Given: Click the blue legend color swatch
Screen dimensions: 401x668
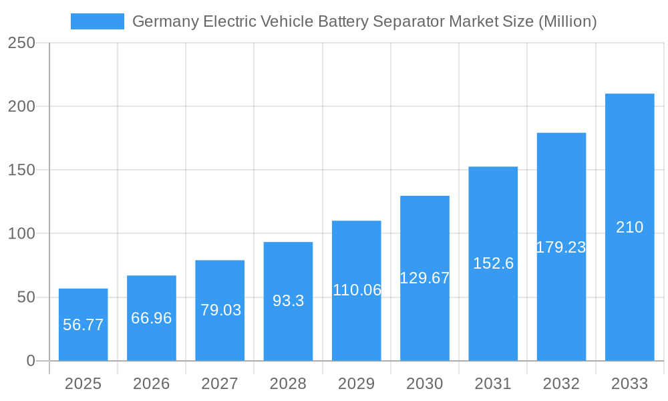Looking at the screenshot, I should coord(98,21).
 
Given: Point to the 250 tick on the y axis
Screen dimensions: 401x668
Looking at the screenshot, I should coord(21,43).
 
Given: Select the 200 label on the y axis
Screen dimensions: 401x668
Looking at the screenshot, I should coord(21,106).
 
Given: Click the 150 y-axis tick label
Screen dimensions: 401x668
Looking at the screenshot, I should coord(21,170).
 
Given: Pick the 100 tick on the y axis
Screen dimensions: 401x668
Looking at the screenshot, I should coord(21,233).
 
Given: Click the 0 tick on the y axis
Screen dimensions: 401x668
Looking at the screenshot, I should coord(31,361).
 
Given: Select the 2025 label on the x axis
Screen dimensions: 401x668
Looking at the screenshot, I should coord(83,384).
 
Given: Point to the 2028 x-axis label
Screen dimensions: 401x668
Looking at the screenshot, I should coord(288,384).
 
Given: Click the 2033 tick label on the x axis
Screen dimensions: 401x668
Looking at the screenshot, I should coord(630,384).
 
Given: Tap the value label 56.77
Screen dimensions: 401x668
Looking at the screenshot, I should coord(83,325).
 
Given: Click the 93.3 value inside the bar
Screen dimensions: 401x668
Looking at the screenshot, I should coord(288,301).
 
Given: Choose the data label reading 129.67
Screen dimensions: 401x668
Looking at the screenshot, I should coord(425,278).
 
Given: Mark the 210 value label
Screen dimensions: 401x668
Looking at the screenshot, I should coord(630,227).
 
